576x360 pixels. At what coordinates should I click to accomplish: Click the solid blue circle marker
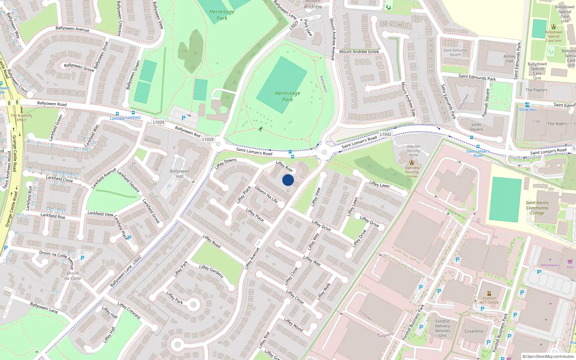tap(288, 180)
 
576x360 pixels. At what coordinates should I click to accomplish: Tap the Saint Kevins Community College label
tap(537, 208)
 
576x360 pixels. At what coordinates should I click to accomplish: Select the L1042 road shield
tap(386, 134)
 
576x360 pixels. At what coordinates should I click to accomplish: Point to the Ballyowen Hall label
tap(179, 174)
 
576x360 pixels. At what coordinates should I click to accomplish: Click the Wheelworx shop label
tap(550, 265)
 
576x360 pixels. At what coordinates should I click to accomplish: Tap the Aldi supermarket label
tap(570, 267)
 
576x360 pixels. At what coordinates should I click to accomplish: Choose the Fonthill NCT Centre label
tap(489, 300)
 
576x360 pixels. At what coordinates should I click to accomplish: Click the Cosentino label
tap(474, 331)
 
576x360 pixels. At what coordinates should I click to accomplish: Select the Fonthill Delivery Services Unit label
tap(442, 328)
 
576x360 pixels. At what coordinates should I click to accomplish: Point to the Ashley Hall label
tap(509, 59)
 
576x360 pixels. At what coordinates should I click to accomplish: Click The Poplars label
tap(536, 90)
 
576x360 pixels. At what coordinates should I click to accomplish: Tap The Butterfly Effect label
tap(22, 118)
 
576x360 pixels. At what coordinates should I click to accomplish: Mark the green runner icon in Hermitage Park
tap(260, 129)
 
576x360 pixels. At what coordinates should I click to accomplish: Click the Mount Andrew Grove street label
tap(359, 52)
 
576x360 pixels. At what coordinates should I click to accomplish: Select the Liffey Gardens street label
tap(211, 271)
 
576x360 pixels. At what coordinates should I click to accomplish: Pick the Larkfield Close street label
tap(59, 179)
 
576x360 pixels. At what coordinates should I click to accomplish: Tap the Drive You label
tap(527, 109)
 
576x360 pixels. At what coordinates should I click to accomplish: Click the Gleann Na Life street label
tap(266, 194)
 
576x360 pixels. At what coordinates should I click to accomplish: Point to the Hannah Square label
tap(486, 103)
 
